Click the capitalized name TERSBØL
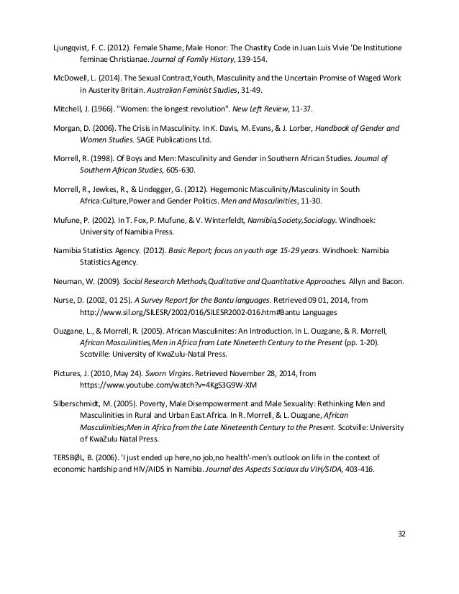click(71, 457)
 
